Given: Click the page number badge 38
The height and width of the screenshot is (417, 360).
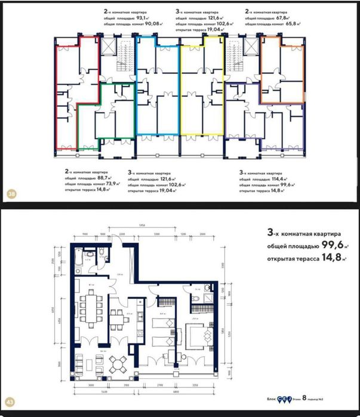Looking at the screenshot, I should tap(11, 194).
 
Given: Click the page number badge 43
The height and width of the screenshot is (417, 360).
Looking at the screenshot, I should tap(11, 404).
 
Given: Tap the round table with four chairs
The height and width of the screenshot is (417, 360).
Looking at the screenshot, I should tap(121, 362).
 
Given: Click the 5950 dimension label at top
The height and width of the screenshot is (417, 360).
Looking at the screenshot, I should tap(143, 225).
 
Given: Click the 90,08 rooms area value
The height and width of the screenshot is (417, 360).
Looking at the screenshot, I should tap(144, 25).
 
